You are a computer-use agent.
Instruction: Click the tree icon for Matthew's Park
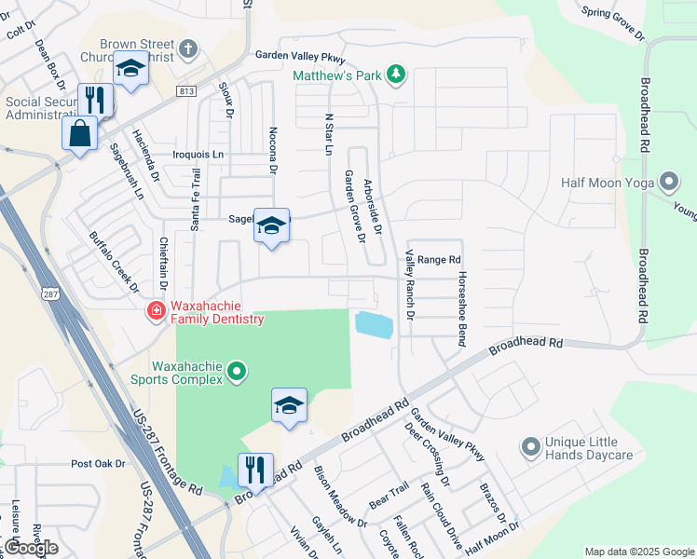(x=396, y=75)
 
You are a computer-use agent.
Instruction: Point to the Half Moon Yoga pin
(x=667, y=181)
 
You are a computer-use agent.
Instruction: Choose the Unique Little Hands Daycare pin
(x=531, y=447)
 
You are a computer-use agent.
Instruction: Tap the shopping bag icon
(x=80, y=132)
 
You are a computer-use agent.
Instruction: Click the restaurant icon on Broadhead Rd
(x=254, y=469)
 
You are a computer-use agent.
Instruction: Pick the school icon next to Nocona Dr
(x=271, y=226)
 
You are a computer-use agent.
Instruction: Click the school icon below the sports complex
(x=290, y=405)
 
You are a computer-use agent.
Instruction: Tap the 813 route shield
(x=184, y=90)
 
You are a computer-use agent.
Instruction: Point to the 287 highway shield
(x=49, y=293)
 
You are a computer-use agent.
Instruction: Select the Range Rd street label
(x=439, y=260)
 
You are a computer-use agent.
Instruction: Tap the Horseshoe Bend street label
(x=460, y=309)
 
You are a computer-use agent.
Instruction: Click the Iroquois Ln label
(x=198, y=154)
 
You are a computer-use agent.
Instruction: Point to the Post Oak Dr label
(x=98, y=463)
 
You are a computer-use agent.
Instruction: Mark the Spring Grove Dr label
(x=612, y=23)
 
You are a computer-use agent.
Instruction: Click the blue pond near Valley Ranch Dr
(x=373, y=325)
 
